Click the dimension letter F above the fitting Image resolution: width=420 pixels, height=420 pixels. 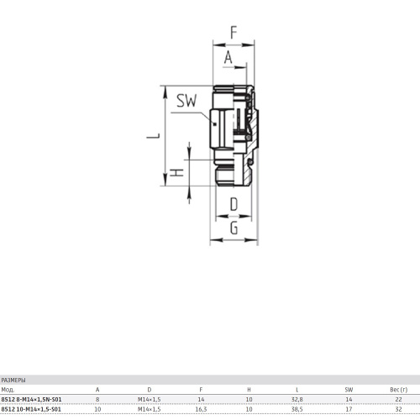(234, 33)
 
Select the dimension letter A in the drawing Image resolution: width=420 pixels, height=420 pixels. (228, 57)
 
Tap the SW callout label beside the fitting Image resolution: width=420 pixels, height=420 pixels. (186, 101)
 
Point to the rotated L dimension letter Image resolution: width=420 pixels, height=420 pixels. (153, 136)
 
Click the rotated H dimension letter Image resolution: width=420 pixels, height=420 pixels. (177, 173)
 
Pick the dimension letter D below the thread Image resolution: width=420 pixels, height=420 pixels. (234, 204)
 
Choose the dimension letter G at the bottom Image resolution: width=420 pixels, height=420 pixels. (234, 228)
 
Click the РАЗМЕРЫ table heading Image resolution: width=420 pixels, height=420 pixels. (13, 381)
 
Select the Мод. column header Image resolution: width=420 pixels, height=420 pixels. (8, 390)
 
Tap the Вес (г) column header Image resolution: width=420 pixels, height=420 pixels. (398, 390)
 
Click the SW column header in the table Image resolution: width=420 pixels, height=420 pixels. (349, 390)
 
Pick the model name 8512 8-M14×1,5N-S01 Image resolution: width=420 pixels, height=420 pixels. (31, 399)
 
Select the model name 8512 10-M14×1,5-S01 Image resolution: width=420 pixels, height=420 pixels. (31, 409)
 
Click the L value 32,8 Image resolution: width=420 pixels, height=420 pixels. (297, 400)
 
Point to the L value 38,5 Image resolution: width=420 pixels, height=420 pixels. (297, 409)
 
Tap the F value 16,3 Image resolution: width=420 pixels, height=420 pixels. (201, 409)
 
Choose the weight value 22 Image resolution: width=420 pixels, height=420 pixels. (398, 400)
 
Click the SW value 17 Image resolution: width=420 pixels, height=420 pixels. (349, 409)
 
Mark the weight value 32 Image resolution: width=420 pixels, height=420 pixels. (398, 409)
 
